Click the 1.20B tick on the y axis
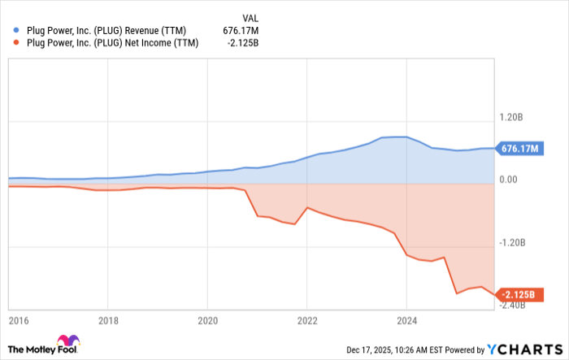[x=513, y=117]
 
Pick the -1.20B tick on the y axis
[x=514, y=242]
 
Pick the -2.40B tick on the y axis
[x=514, y=305]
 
